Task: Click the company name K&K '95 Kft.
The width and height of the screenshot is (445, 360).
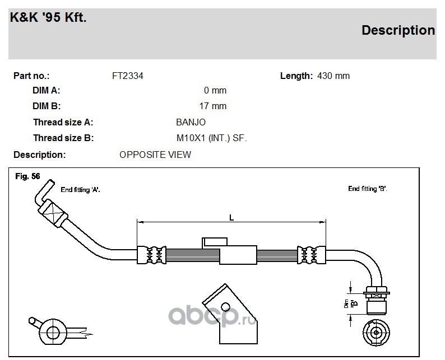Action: tap(48, 17)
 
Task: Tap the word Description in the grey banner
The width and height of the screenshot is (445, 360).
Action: tap(398, 30)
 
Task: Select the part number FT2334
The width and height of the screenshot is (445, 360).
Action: tap(128, 76)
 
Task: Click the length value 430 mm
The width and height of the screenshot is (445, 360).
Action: tap(333, 76)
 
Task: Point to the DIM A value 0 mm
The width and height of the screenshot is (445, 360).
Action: tap(215, 91)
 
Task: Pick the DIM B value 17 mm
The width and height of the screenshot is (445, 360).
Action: tap(213, 106)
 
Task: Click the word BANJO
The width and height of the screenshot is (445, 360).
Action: tap(191, 122)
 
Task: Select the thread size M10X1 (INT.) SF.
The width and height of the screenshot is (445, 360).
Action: tap(212, 138)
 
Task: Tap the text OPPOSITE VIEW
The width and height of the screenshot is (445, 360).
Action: tap(155, 155)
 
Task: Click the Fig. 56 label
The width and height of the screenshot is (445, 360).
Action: tap(27, 176)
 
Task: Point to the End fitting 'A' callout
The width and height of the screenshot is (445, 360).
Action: tap(80, 190)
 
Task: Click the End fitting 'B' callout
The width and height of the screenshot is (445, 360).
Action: tap(368, 189)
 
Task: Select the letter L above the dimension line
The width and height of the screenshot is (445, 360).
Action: tap(231, 218)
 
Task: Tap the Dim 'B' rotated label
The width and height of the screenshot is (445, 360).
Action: tap(350, 303)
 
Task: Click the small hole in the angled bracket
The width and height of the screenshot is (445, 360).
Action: tap(225, 307)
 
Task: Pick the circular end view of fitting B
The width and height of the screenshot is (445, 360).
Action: tap(376, 333)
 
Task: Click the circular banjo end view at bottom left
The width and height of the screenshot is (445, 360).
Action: tap(53, 332)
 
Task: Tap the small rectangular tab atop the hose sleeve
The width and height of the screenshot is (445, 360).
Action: tap(215, 242)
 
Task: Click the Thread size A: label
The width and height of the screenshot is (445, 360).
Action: tap(63, 122)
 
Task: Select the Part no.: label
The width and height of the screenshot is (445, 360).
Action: tap(31, 76)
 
